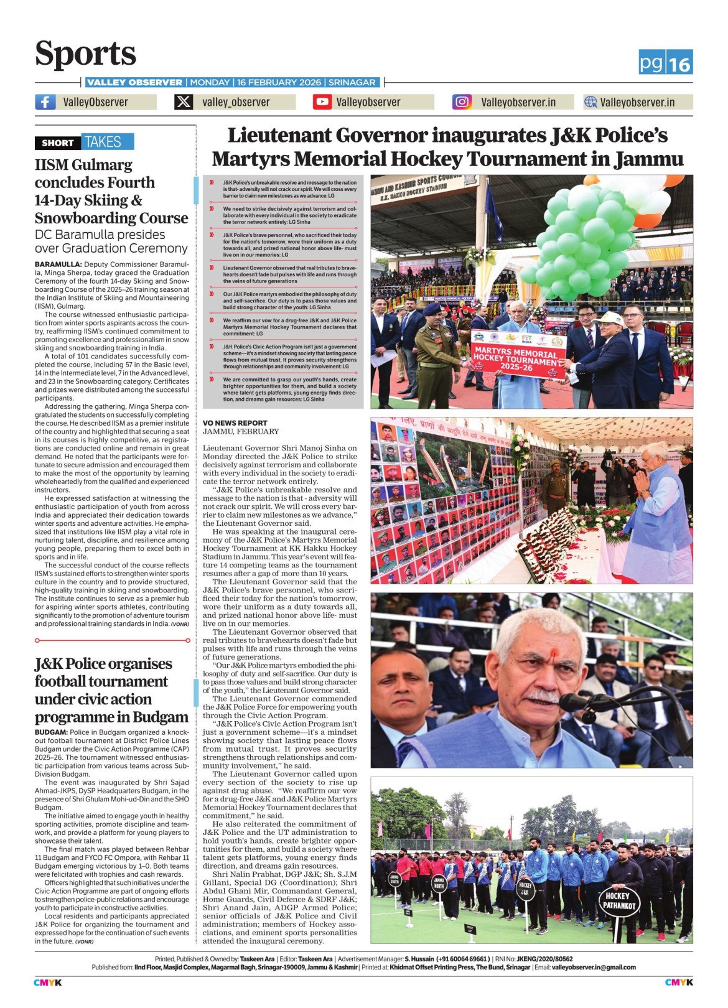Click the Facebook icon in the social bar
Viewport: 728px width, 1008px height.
tap(45, 102)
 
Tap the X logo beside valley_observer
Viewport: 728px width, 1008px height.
tap(184, 102)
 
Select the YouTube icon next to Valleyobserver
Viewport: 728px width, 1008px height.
tap(322, 102)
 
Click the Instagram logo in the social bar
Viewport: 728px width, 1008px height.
tap(462, 102)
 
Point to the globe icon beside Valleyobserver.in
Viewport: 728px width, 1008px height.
tap(590, 102)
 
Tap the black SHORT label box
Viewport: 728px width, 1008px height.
tap(57, 142)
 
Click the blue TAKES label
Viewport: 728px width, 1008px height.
tap(103, 142)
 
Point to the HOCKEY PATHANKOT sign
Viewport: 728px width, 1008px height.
tap(619, 900)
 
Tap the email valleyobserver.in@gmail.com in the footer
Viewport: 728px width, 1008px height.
tap(594, 968)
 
